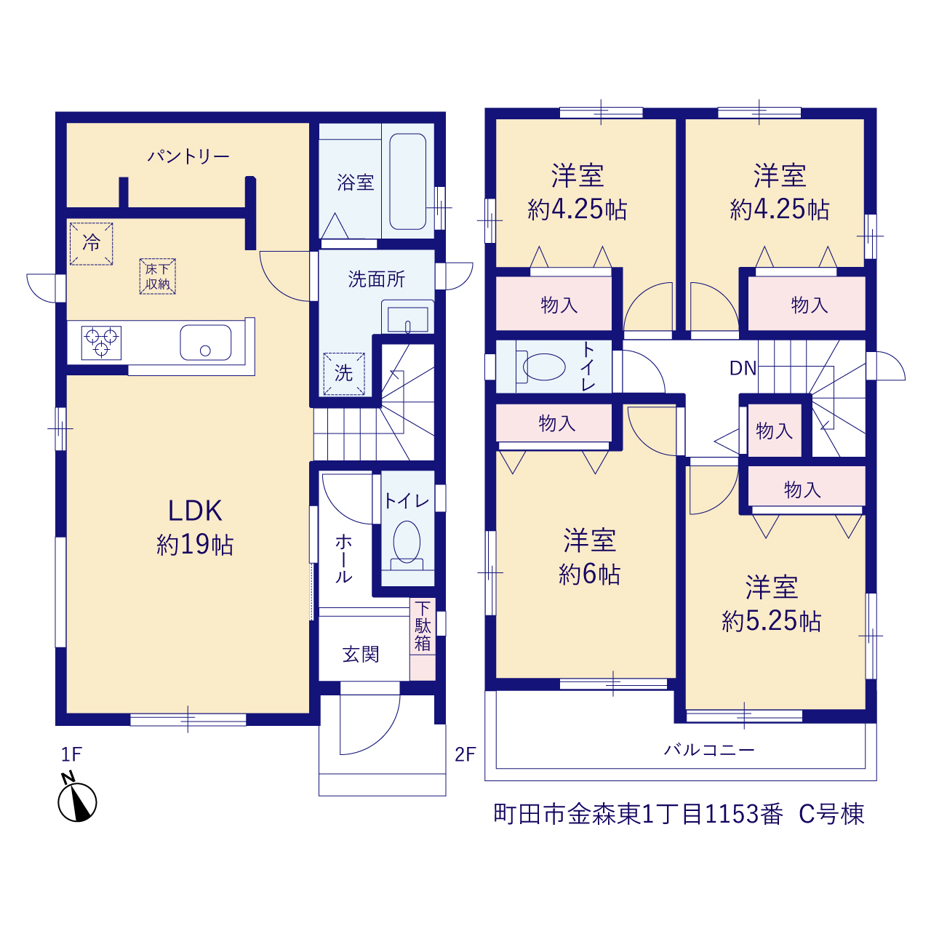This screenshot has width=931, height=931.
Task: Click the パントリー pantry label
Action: [188, 156]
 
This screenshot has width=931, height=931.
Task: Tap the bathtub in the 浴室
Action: [407, 181]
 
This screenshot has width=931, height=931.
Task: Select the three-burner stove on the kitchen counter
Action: [101, 343]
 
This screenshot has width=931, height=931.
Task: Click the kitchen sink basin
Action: [205, 343]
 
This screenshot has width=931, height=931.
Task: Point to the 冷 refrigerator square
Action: [92, 244]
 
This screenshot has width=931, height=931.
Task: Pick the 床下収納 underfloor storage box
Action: [158, 276]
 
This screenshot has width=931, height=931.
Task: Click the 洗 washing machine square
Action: [344, 374]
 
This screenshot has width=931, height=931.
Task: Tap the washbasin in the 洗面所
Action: [407, 317]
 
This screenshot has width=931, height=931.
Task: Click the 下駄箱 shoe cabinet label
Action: [423, 626]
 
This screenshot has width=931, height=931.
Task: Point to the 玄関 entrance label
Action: [361, 655]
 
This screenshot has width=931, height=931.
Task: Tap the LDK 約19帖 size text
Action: [195, 545]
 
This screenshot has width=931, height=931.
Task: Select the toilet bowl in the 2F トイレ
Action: [540, 367]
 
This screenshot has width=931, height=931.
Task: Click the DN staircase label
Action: [743, 369]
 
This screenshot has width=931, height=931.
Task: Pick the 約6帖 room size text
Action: [589, 575]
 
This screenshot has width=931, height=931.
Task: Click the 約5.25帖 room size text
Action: [771, 621]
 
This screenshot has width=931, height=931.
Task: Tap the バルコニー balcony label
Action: [708, 750]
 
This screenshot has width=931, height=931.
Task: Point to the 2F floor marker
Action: [465, 754]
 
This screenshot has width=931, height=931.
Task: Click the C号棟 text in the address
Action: [832, 814]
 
